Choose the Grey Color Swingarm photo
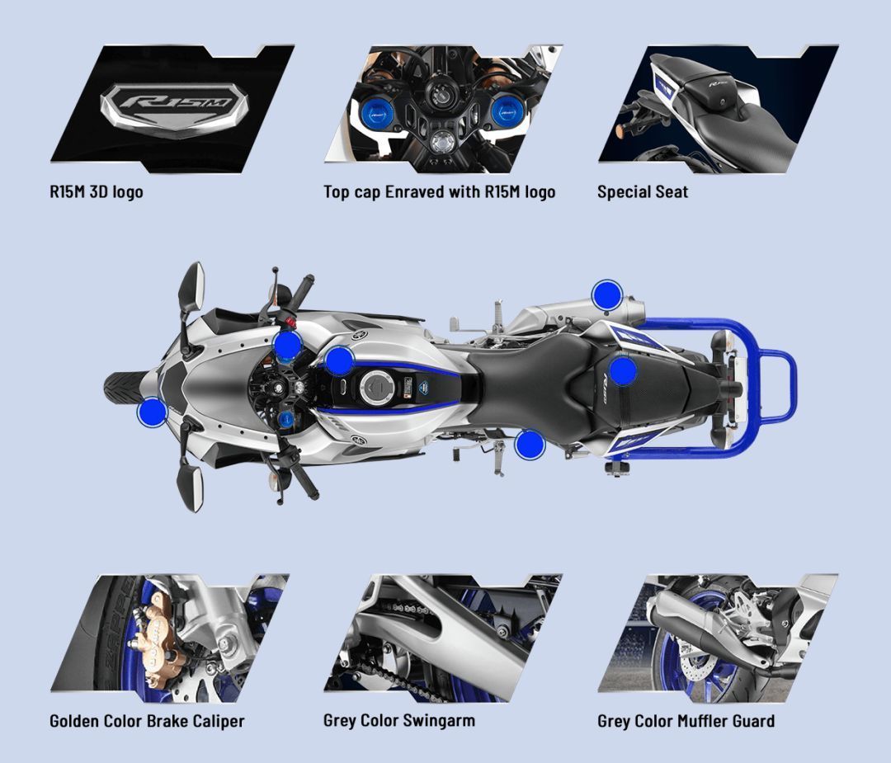pos(443,633)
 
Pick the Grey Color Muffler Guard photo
pos(718,633)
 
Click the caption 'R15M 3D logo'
pos(96,192)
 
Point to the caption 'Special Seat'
pos(642,192)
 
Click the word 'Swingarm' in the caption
pos(438,720)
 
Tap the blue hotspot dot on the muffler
pos(607,294)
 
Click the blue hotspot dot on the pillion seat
pos(623,370)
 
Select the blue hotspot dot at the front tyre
pos(152,412)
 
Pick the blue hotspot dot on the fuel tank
pos(339,360)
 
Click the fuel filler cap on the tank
pos(377,385)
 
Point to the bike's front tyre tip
pos(110,387)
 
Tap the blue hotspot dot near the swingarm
pos(530,445)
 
